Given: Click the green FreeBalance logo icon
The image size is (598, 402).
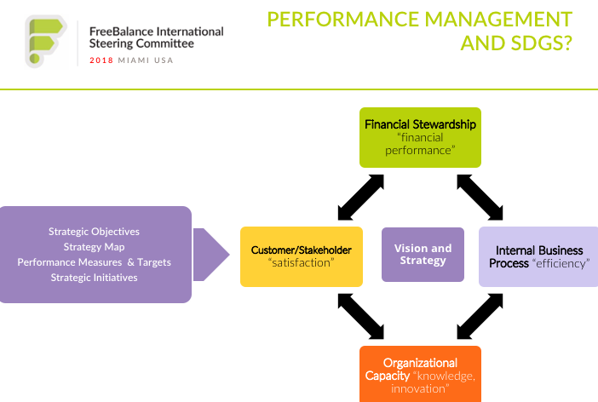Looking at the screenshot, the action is pos(46,41).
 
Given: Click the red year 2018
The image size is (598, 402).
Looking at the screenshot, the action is pos(101,60).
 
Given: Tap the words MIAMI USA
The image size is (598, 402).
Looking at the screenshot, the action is pos(146,60).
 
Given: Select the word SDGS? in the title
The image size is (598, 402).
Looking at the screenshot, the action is pos(542,43).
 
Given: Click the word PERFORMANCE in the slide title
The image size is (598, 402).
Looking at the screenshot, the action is pos(342,19).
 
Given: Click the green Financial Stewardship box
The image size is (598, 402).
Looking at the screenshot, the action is pos(420,137).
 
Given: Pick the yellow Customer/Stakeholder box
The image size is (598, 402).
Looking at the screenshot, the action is pos(302,256).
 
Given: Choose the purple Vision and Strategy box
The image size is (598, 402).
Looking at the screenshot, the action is pos(423,255).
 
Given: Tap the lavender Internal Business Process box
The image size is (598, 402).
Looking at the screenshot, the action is pos(538,256).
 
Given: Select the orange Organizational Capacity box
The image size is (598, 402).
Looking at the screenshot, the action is pos(420,374).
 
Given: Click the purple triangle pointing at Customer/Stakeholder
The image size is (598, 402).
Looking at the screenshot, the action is pos(211,255).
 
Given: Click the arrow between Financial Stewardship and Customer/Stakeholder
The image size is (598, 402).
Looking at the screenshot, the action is pos(361,198).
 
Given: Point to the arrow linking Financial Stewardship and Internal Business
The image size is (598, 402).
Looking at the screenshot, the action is pos(480,198).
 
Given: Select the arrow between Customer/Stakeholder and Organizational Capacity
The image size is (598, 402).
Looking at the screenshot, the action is pos(361,316).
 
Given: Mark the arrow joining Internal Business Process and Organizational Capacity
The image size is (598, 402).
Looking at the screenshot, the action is pos(480,316).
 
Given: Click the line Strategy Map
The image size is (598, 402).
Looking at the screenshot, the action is pos(95,247).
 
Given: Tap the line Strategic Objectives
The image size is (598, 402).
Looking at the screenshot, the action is pos(95,232).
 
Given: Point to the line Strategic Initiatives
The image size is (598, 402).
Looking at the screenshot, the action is pos(95,278).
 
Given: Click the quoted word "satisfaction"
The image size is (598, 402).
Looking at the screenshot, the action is pos(302,263).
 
